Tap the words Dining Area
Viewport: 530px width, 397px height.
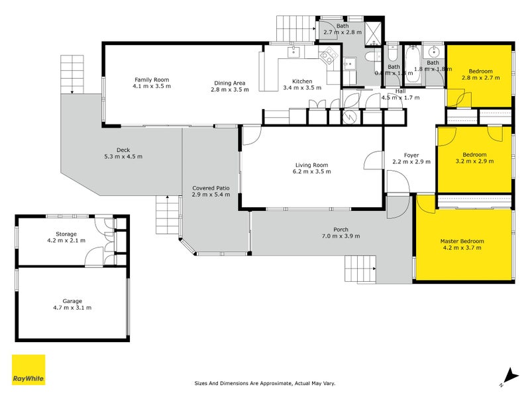point(230,81)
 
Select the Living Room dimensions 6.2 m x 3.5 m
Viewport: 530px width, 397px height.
point(312,172)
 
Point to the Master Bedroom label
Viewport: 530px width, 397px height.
point(462,241)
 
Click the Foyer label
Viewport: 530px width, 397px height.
point(411,155)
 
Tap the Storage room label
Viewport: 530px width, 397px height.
point(66,234)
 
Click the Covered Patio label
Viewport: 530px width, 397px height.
point(211,187)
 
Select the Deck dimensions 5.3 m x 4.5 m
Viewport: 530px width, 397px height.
point(123,157)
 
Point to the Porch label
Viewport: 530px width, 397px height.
point(341,229)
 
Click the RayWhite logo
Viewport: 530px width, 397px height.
point(28,370)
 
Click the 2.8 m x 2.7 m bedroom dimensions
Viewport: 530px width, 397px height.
point(480,78)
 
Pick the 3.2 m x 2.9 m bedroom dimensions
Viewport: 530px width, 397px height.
point(475,161)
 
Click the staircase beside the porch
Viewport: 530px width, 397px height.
point(358,269)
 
